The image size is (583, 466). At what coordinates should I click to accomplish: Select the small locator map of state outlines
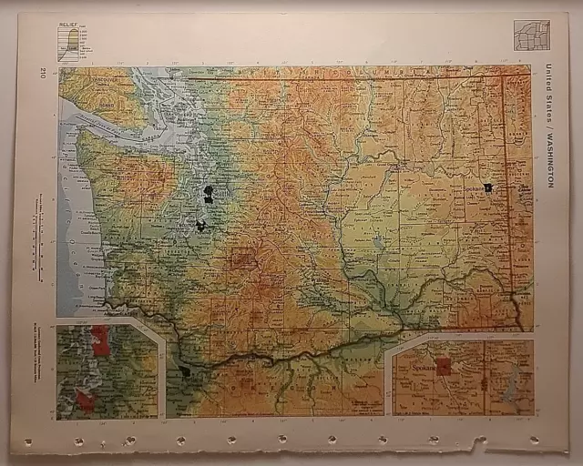point(531,35)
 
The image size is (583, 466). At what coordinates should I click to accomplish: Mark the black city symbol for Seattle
point(209,192)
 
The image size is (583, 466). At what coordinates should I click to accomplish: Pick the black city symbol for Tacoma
point(200,224)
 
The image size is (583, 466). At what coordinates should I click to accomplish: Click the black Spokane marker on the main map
point(488,187)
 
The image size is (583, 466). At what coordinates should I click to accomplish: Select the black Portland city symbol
point(185,370)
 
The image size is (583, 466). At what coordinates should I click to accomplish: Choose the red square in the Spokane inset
point(443,367)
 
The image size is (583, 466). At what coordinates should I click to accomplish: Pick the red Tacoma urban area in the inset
point(85,399)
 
